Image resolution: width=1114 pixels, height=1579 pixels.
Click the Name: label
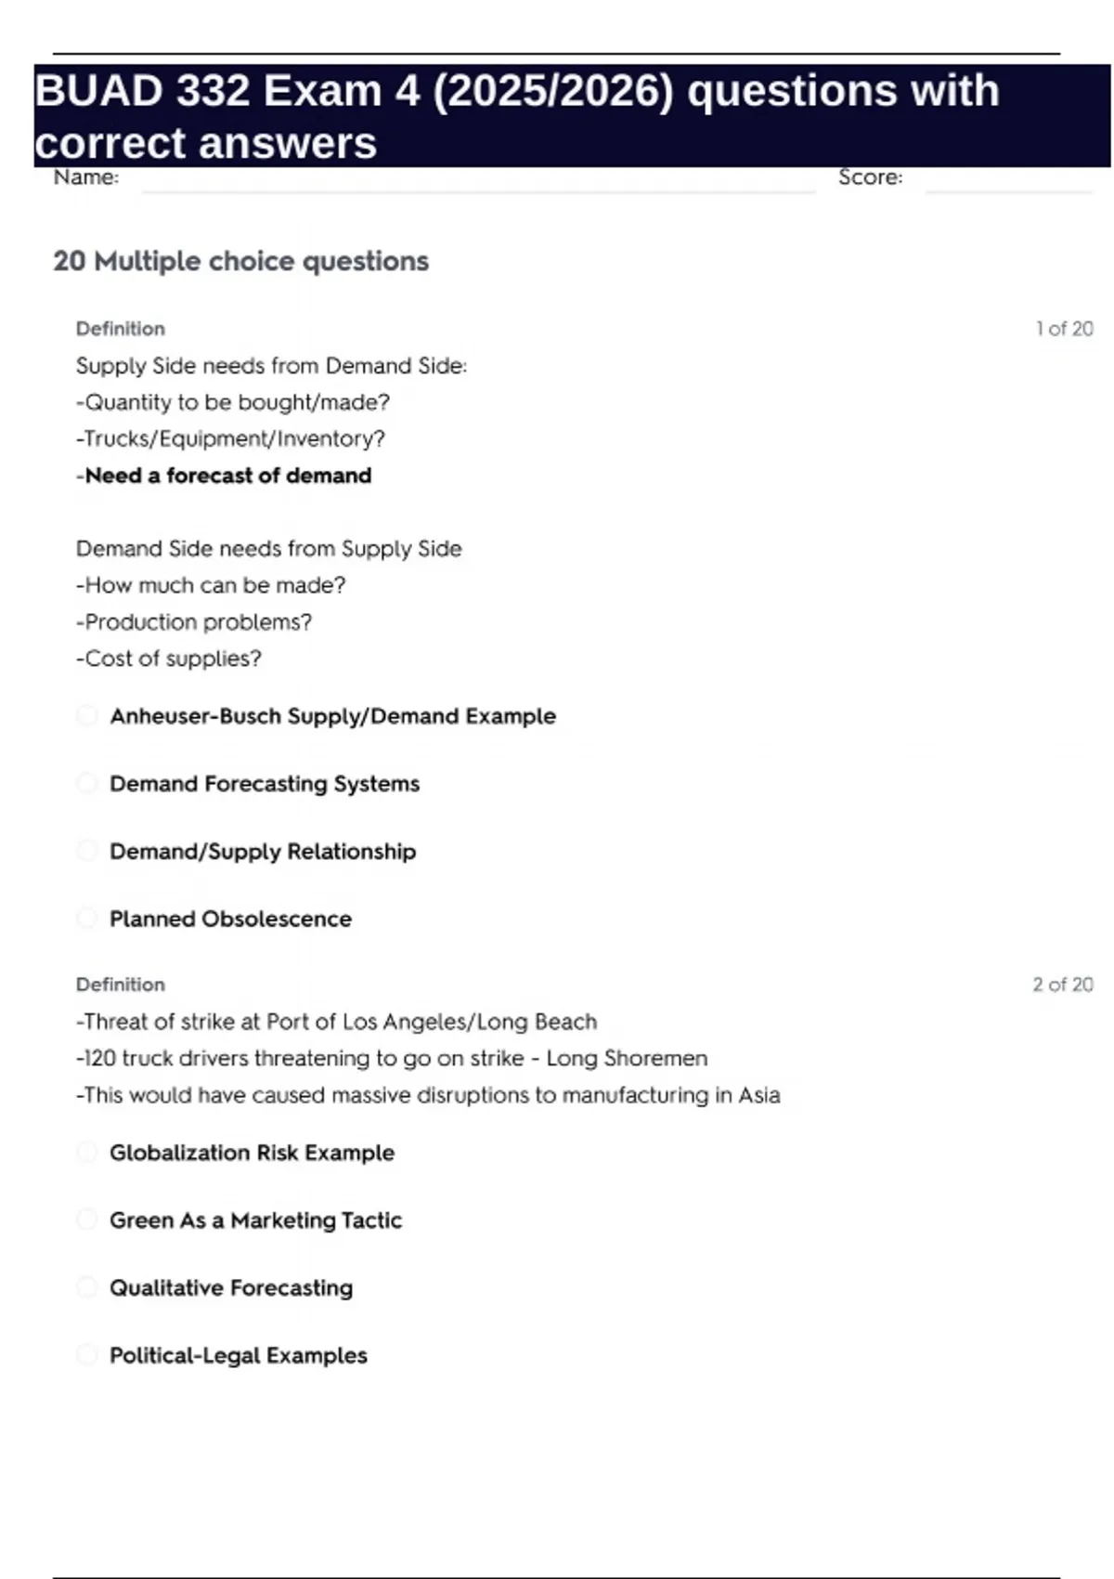pyautogui.click(x=86, y=177)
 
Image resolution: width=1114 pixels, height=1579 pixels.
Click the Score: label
pyautogui.click(x=870, y=177)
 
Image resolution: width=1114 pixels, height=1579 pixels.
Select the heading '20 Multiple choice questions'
pyautogui.click(x=241, y=261)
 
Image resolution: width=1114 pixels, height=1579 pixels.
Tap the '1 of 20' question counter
pyautogui.click(x=1064, y=329)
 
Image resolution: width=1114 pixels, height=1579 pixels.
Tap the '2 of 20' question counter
pyautogui.click(x=1063, y=985)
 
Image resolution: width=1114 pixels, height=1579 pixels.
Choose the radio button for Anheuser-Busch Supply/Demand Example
pyautogui.click(x=87, y=716)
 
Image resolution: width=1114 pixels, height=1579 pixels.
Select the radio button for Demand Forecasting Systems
pyautogui.click(x=87, y=784)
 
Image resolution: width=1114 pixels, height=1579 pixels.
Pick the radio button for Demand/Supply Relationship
pyautogui.click(x=87, y=851)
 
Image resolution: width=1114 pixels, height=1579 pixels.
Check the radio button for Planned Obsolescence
pyautogui.click(x=87, y=919)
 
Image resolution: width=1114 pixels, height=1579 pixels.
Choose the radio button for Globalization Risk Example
pyautogui.click(x=87, y=1153)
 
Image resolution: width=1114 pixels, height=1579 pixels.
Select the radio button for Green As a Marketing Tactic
pyautogui.click(x=87, y=1220)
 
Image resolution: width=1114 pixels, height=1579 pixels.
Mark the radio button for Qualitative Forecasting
pyautogui.click(x=87, y=1287)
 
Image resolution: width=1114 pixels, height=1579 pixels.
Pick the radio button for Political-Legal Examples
pyautogui.click(x=87, y=1355)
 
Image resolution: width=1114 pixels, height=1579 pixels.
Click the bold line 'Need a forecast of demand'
pyautogui.click(x=228, y=476)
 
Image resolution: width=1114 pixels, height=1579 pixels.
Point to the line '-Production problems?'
pyautogui.click(x=194, y=622)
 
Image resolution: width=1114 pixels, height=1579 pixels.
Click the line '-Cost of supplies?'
pyautogui.click(x=169, y=659)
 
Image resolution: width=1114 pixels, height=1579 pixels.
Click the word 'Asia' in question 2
pyautogui.click(x=759, y=1095)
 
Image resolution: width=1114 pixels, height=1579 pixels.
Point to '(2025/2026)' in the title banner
pyautogui.click(x=553, y=91)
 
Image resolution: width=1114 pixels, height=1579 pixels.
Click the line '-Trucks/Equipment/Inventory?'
pyautogui.click(x=230, y=438)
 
